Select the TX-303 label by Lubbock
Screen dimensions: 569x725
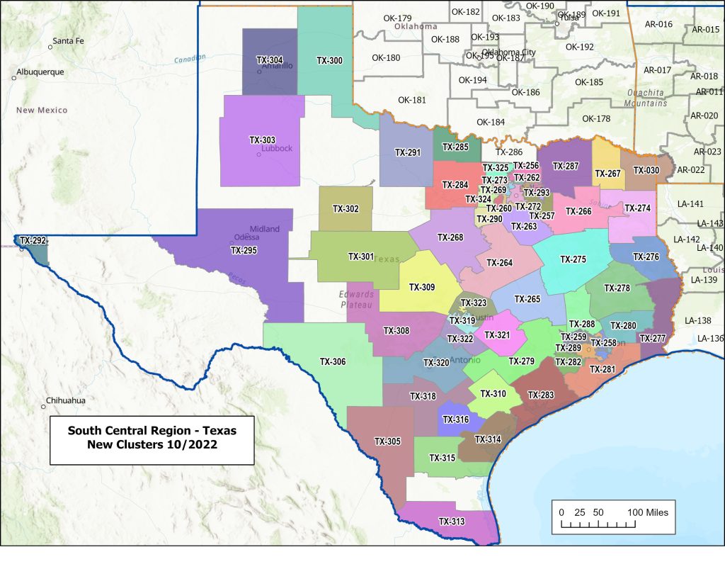tap(262, 140)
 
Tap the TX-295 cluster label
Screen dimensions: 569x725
tap(244, 250)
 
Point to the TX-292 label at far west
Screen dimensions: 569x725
tap(33, 241)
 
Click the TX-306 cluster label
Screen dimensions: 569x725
tap(333, 361)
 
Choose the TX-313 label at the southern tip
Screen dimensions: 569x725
tap(452, 522)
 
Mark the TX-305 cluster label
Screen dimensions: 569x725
tap(387, 441)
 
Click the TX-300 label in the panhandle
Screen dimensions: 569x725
tap(329, 61)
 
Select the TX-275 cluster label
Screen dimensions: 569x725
tap(573, 259)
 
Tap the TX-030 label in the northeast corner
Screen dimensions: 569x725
tap(646, 170)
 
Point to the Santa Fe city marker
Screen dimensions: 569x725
tap(50, 47)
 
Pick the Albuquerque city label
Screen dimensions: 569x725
tap(40, 72)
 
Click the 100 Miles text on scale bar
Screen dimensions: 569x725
tap(647, 512)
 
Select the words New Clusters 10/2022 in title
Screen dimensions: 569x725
tap(152, 445)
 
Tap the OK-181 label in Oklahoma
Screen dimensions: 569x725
tap(412, 100)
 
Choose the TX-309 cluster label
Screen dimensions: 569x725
tap(422, 288)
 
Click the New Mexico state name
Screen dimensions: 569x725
tap(42, 110)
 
